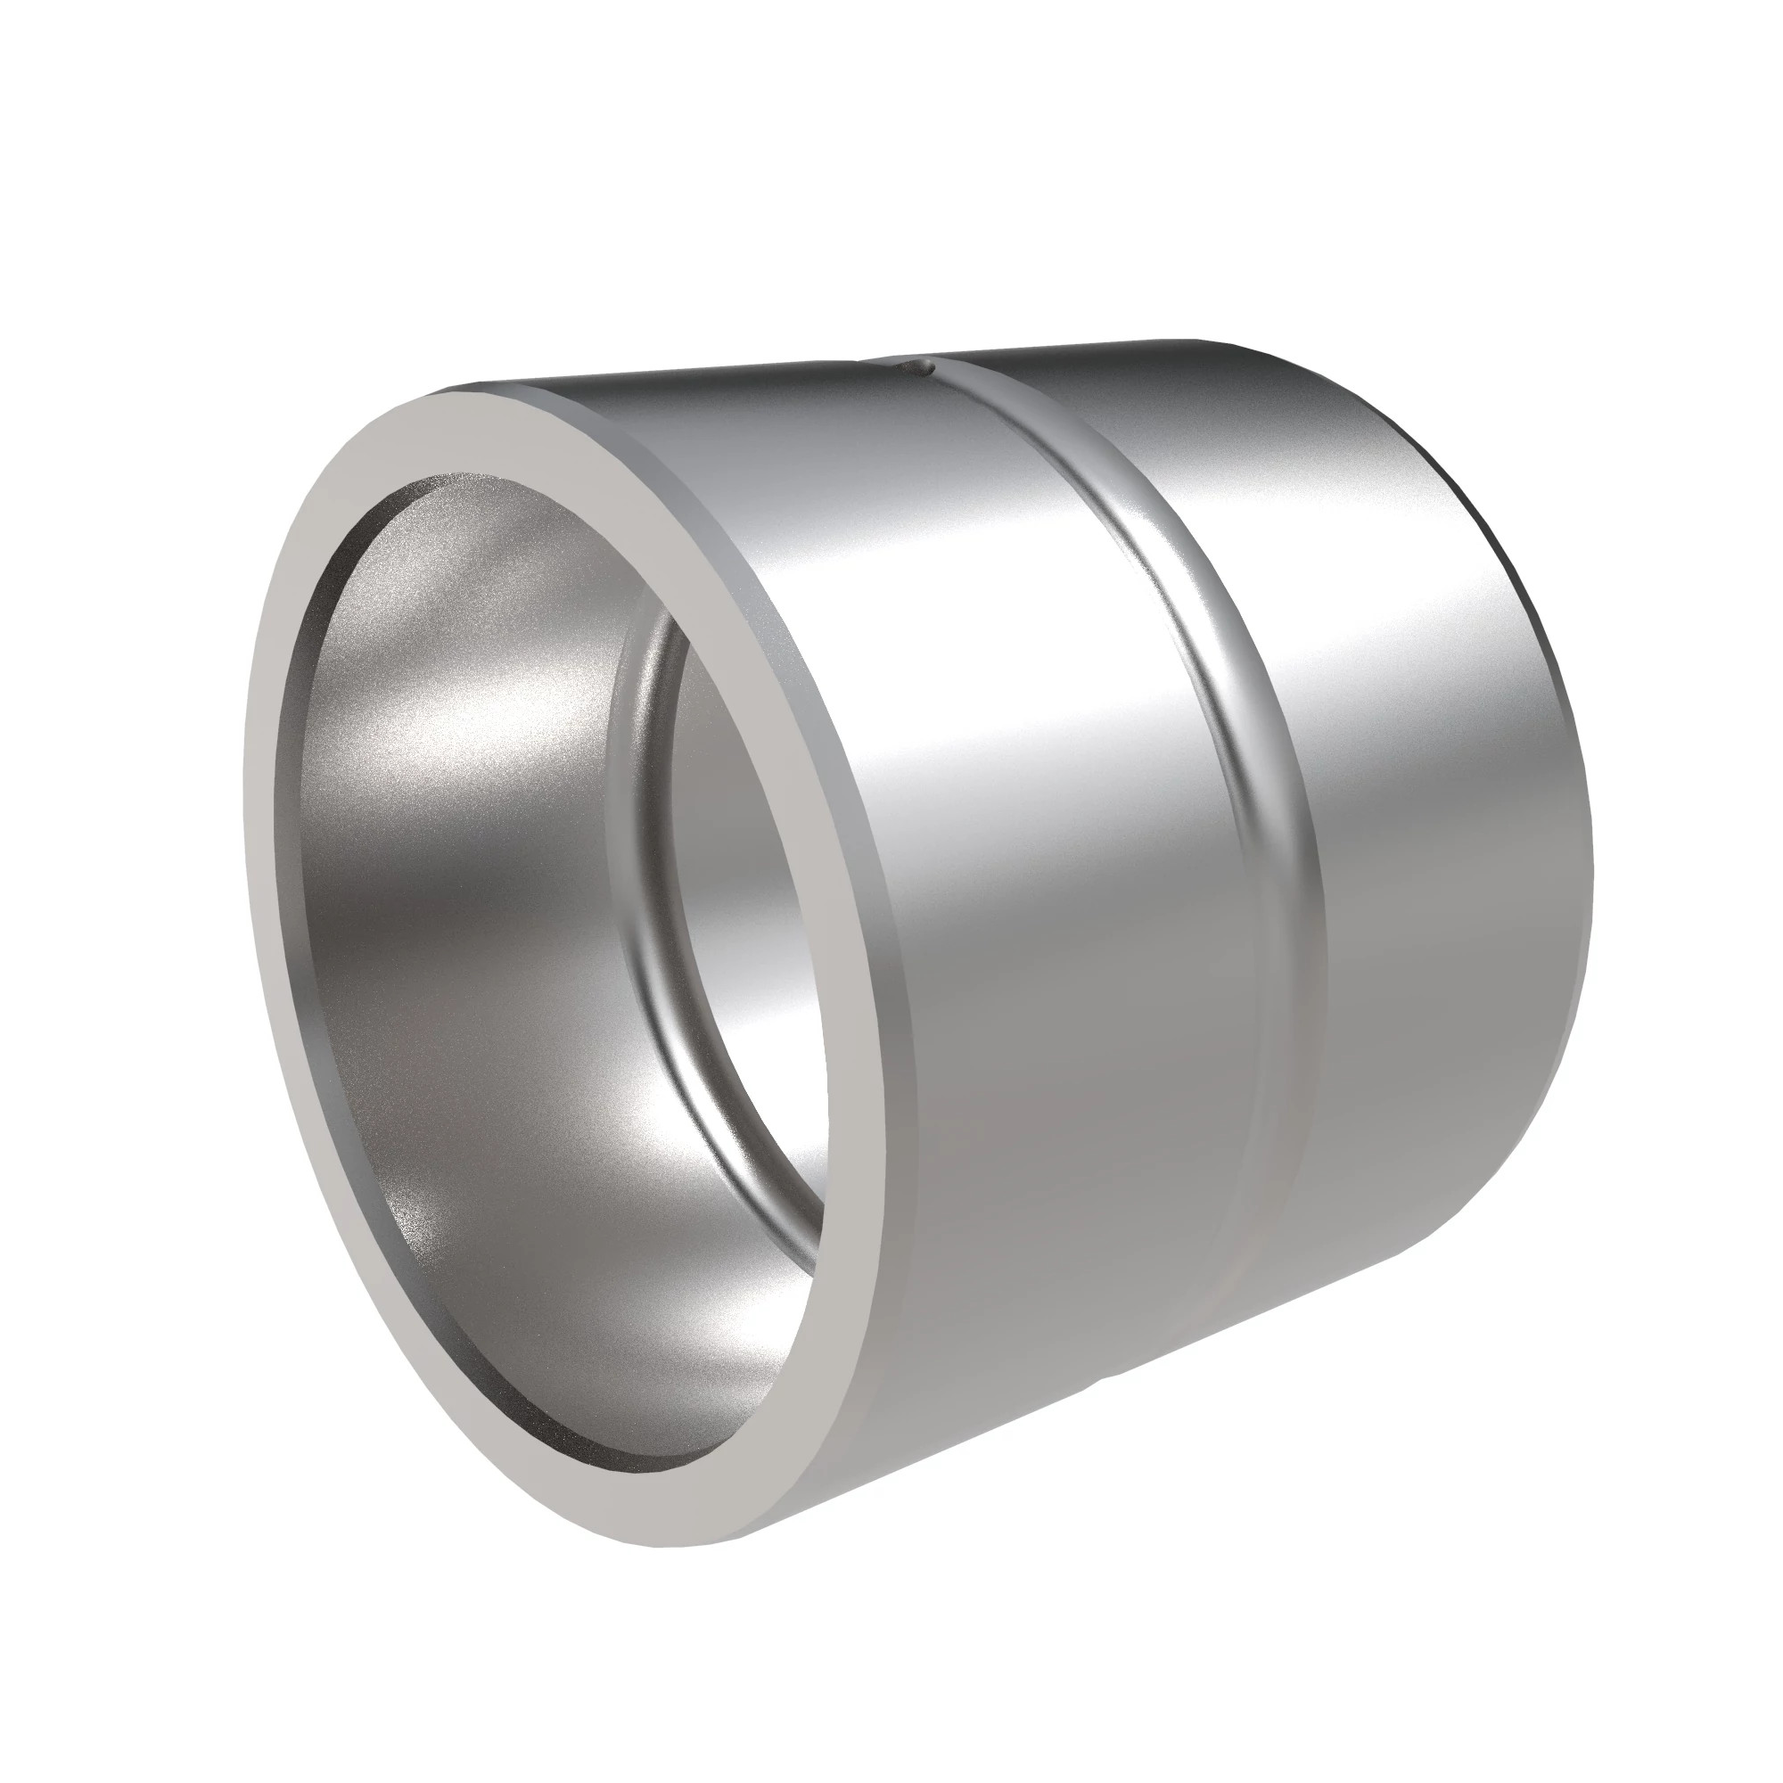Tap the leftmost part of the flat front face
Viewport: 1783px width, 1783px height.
point(263,831)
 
